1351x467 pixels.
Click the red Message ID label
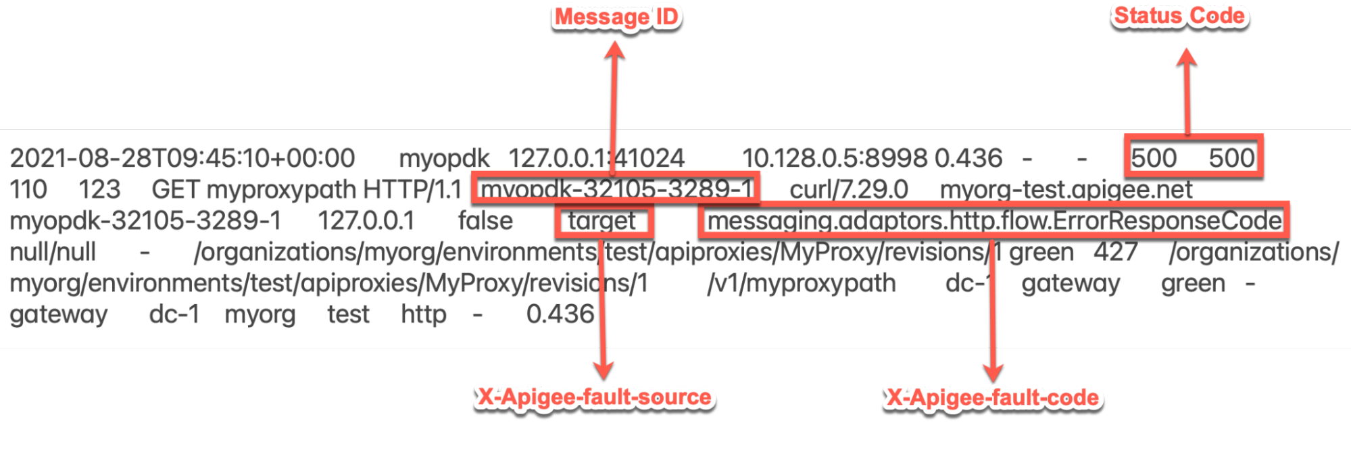pos(616,16)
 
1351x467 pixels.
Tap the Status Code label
pos(1179,16)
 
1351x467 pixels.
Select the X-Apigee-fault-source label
pos(594,397)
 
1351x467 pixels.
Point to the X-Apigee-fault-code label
pos(992,397)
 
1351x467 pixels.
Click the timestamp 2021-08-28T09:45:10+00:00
pos(182,158)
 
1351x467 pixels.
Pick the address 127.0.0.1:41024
pos(596,158)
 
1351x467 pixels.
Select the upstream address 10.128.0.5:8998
pos(834,158)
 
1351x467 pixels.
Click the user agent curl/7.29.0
pos(848,189)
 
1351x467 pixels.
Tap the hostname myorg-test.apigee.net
pos(1066,189)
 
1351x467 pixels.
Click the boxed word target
pos(601,221)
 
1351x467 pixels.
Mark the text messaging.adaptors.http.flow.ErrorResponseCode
pos(993,221)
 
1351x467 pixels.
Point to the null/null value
pos(53,252)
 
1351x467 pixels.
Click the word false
pos(485,221)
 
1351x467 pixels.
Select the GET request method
pos(176,189)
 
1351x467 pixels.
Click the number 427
pos(1116,252)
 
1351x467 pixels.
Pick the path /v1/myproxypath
pos(802,283)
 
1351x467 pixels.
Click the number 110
pos(28,189)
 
